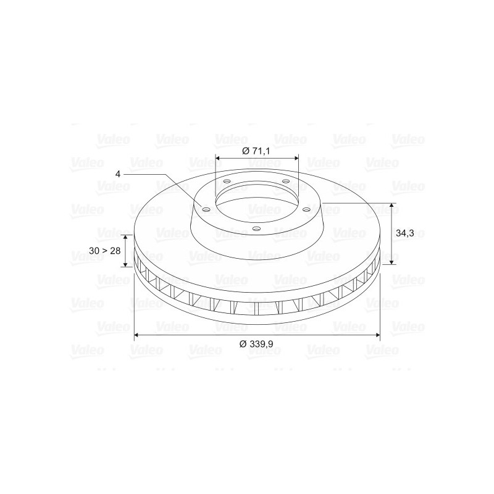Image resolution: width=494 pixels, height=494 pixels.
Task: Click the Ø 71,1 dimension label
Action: pyautogui.click(x=256, y=151)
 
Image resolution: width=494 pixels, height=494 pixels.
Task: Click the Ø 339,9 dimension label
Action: pyautogui.click(x=256, y=344)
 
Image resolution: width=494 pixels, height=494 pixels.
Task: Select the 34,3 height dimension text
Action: pyautogui.click(x=404, y=233)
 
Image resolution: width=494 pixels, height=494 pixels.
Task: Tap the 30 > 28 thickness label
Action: pyautogui.click(x=104, y=251)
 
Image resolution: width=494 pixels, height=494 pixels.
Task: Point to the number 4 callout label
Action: pyautogui.click(x=118, y=174)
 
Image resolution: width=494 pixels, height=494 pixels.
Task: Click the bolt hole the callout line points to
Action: pyautogui.click(x=206, y=209)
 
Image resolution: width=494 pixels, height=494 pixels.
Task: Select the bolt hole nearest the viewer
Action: pyautogui.click(x=257, y=228)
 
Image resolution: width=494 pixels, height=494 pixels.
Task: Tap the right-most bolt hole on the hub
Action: pyautogui.click(x=306, y=209)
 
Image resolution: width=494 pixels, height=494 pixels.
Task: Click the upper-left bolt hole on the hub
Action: pyautogui.click(x=227, y=182)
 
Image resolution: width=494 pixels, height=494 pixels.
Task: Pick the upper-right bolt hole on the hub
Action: pyautogui.click(x=285, y=181)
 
